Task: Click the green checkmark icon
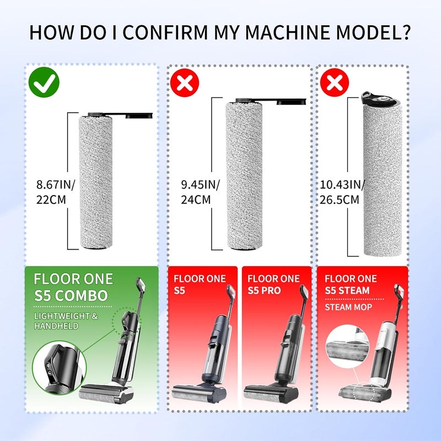point(44,82)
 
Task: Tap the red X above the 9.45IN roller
point(185,82)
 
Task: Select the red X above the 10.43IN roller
point(335,82)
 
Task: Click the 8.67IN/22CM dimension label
point(56,192)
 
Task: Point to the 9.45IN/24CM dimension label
point(200,192)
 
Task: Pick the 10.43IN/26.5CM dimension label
point(342,192)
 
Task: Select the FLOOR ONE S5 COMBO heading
point(73,287)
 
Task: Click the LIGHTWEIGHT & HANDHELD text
point(66,321)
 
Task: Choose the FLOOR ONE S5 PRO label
point(273,284)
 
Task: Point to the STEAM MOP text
point(348,307)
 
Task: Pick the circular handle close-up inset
point(60,367)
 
